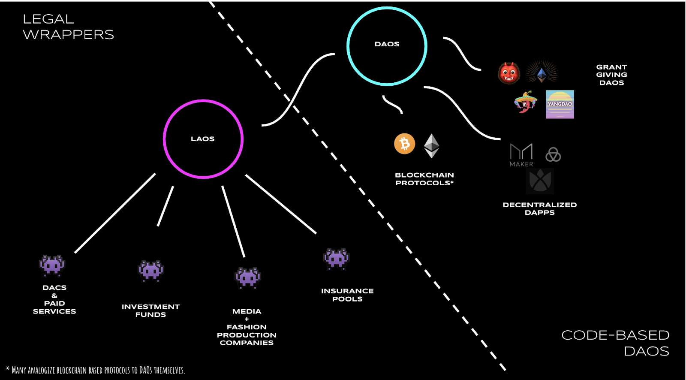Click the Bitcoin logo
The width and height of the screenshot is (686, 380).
coord(405,143)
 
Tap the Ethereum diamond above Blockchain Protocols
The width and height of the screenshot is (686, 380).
coord(431,145)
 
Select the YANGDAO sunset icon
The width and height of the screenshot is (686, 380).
coord(560,104)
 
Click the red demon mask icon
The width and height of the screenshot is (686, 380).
coord(509,73)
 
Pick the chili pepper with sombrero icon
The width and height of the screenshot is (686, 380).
coord(526,102)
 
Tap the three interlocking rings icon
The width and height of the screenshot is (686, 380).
coord(553,154)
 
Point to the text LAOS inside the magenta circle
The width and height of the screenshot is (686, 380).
coord(203,139)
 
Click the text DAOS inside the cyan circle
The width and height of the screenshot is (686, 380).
coord(387,44)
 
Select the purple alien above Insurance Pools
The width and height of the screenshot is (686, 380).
coord(336,259)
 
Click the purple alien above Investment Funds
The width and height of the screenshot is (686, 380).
coord(150,271)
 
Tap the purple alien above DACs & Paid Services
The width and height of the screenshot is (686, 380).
coord(52,265)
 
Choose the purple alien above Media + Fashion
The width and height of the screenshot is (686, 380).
coord(248,278)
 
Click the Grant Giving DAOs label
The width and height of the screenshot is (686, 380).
coord(611,75)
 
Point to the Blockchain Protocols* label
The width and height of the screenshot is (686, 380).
coord(424,179)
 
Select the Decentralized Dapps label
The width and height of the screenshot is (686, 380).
coord(540,208)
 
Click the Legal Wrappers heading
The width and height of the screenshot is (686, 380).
coord(68,27)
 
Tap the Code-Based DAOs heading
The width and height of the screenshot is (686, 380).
coord(616,343)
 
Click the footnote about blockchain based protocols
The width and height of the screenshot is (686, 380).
coord(96,370)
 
